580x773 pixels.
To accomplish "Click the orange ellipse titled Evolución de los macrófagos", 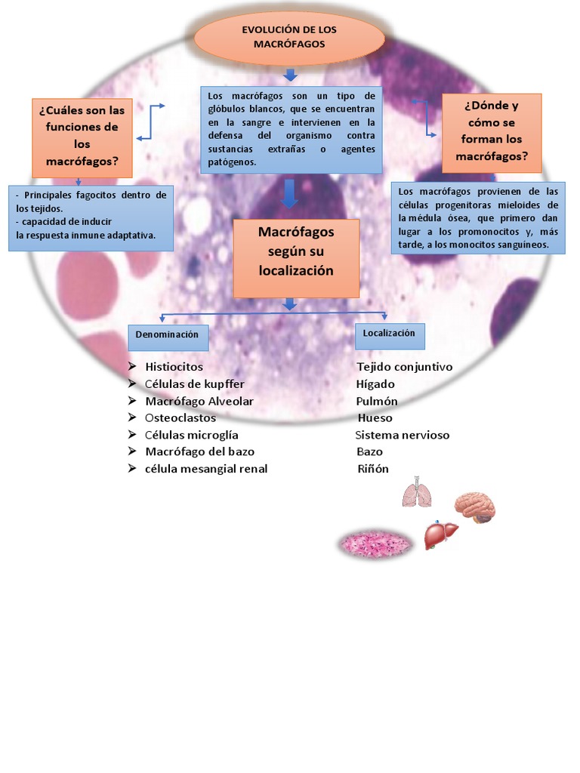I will click(x=289, y=38).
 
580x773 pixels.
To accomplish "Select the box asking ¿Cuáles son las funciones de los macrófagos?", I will click(x=82, y=137).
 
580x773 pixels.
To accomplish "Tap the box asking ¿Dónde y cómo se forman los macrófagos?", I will click(x=492, y=133).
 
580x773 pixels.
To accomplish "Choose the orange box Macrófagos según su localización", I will click(x=296, y=257).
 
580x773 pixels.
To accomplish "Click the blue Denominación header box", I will click(x=168, y=334).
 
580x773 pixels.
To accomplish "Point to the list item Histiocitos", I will click(x=174, y=367).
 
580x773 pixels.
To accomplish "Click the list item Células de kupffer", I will click(x=195, y=384).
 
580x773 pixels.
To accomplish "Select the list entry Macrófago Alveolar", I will click(x=199, y=402).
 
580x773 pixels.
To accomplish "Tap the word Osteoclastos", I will click(x=180, y=418).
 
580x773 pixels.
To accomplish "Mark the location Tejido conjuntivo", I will click(x=405, y=367).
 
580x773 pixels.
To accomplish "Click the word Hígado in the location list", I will click(x=375, y=384).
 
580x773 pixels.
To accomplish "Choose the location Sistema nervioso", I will click(x=403, y=436).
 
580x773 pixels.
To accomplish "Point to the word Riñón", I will click(x=373, y=469).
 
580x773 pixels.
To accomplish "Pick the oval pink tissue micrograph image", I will click(x=375, y=544).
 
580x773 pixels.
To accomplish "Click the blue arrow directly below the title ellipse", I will click(x=290, y=75).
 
